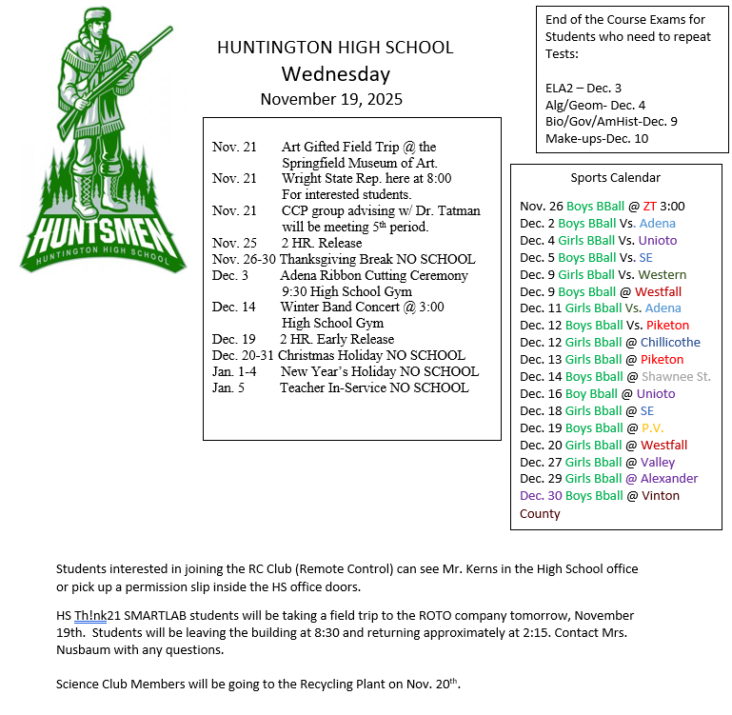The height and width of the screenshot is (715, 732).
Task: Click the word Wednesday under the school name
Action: coord(335,74)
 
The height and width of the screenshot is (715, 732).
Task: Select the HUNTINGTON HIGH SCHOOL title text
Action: coord(335,48)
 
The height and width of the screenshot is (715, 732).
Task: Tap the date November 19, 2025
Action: coord(331,99)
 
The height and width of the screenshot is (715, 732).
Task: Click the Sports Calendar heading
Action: coord(615,177)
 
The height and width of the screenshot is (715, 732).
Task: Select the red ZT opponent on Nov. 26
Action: coord(650,206)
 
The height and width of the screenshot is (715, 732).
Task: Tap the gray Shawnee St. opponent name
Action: coord(676,376)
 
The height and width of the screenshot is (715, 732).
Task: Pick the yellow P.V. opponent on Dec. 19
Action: coord(652,427)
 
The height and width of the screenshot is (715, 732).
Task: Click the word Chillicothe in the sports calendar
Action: coord(670,342)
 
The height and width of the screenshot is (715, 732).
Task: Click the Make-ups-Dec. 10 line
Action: coord(596,139)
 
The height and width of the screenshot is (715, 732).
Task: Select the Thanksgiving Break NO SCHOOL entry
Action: coord(377,259)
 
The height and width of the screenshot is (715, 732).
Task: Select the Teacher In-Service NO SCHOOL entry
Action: coord(374,387)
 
